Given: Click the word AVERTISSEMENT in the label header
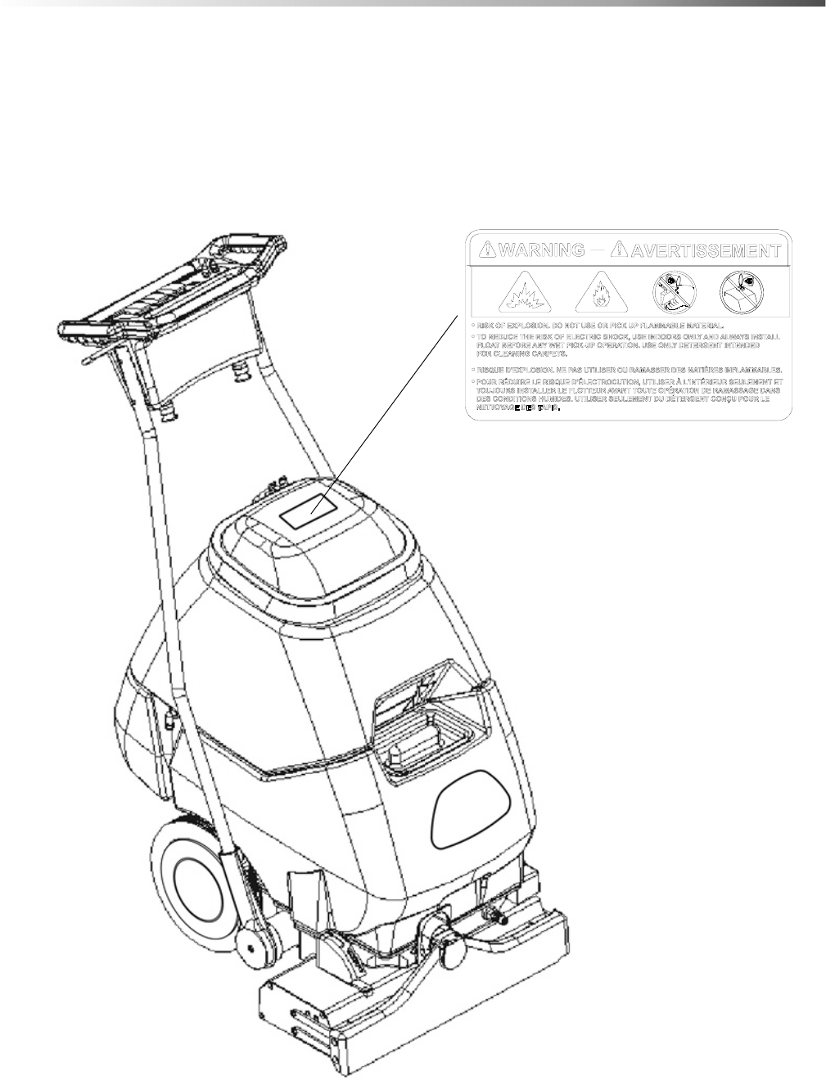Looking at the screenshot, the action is (x=705, y=250).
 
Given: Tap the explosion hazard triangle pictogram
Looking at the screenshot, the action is (x=524, y=293).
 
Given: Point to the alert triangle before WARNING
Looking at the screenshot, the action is (x=486, y=250).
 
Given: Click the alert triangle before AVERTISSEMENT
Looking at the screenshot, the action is (x=623, y=250).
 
